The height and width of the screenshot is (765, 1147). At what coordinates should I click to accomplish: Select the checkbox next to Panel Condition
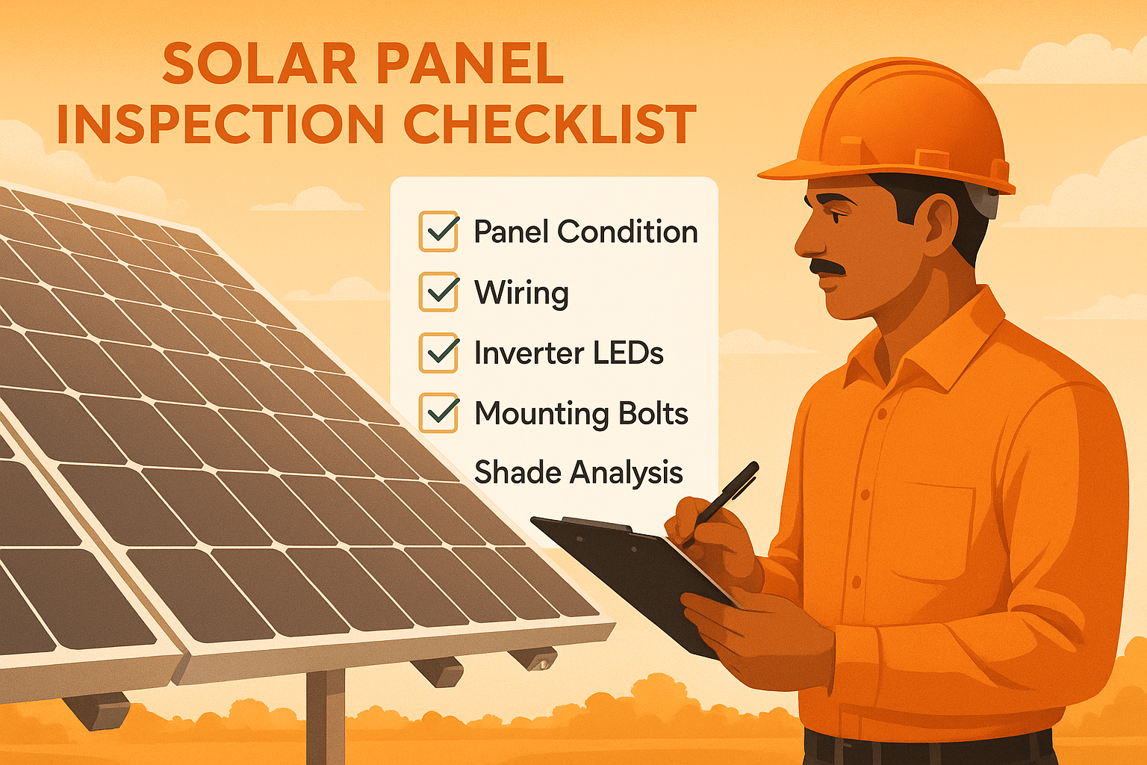[438, 232]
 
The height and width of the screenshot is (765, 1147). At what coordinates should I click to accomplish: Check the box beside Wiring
[438, 292]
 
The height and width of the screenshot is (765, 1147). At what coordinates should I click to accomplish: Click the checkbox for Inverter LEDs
[438, 353]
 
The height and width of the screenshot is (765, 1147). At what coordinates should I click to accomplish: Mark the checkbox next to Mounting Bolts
[438, 412]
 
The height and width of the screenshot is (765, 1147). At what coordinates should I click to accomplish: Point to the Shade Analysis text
[578, 473]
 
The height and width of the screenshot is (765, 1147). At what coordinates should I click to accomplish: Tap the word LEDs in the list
[628, 353]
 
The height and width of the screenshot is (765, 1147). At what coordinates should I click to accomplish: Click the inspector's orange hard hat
[896, 127]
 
